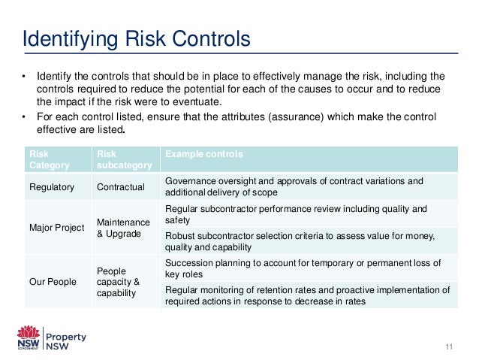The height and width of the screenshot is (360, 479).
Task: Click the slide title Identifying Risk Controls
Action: pos(135,38)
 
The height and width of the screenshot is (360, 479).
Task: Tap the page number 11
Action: pos(450,346)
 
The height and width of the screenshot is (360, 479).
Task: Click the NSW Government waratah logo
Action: pos(29,337)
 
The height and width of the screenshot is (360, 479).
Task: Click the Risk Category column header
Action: pos(45,159)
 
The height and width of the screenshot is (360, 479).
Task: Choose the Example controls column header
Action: pos(203,154)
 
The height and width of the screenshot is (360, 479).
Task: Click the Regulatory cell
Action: pos(50,186)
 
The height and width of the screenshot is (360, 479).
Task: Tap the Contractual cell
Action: pos(121,186)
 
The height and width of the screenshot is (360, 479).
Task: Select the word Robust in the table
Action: pos(179,235)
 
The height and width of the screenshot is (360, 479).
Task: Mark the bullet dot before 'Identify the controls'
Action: pos(23,76)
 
